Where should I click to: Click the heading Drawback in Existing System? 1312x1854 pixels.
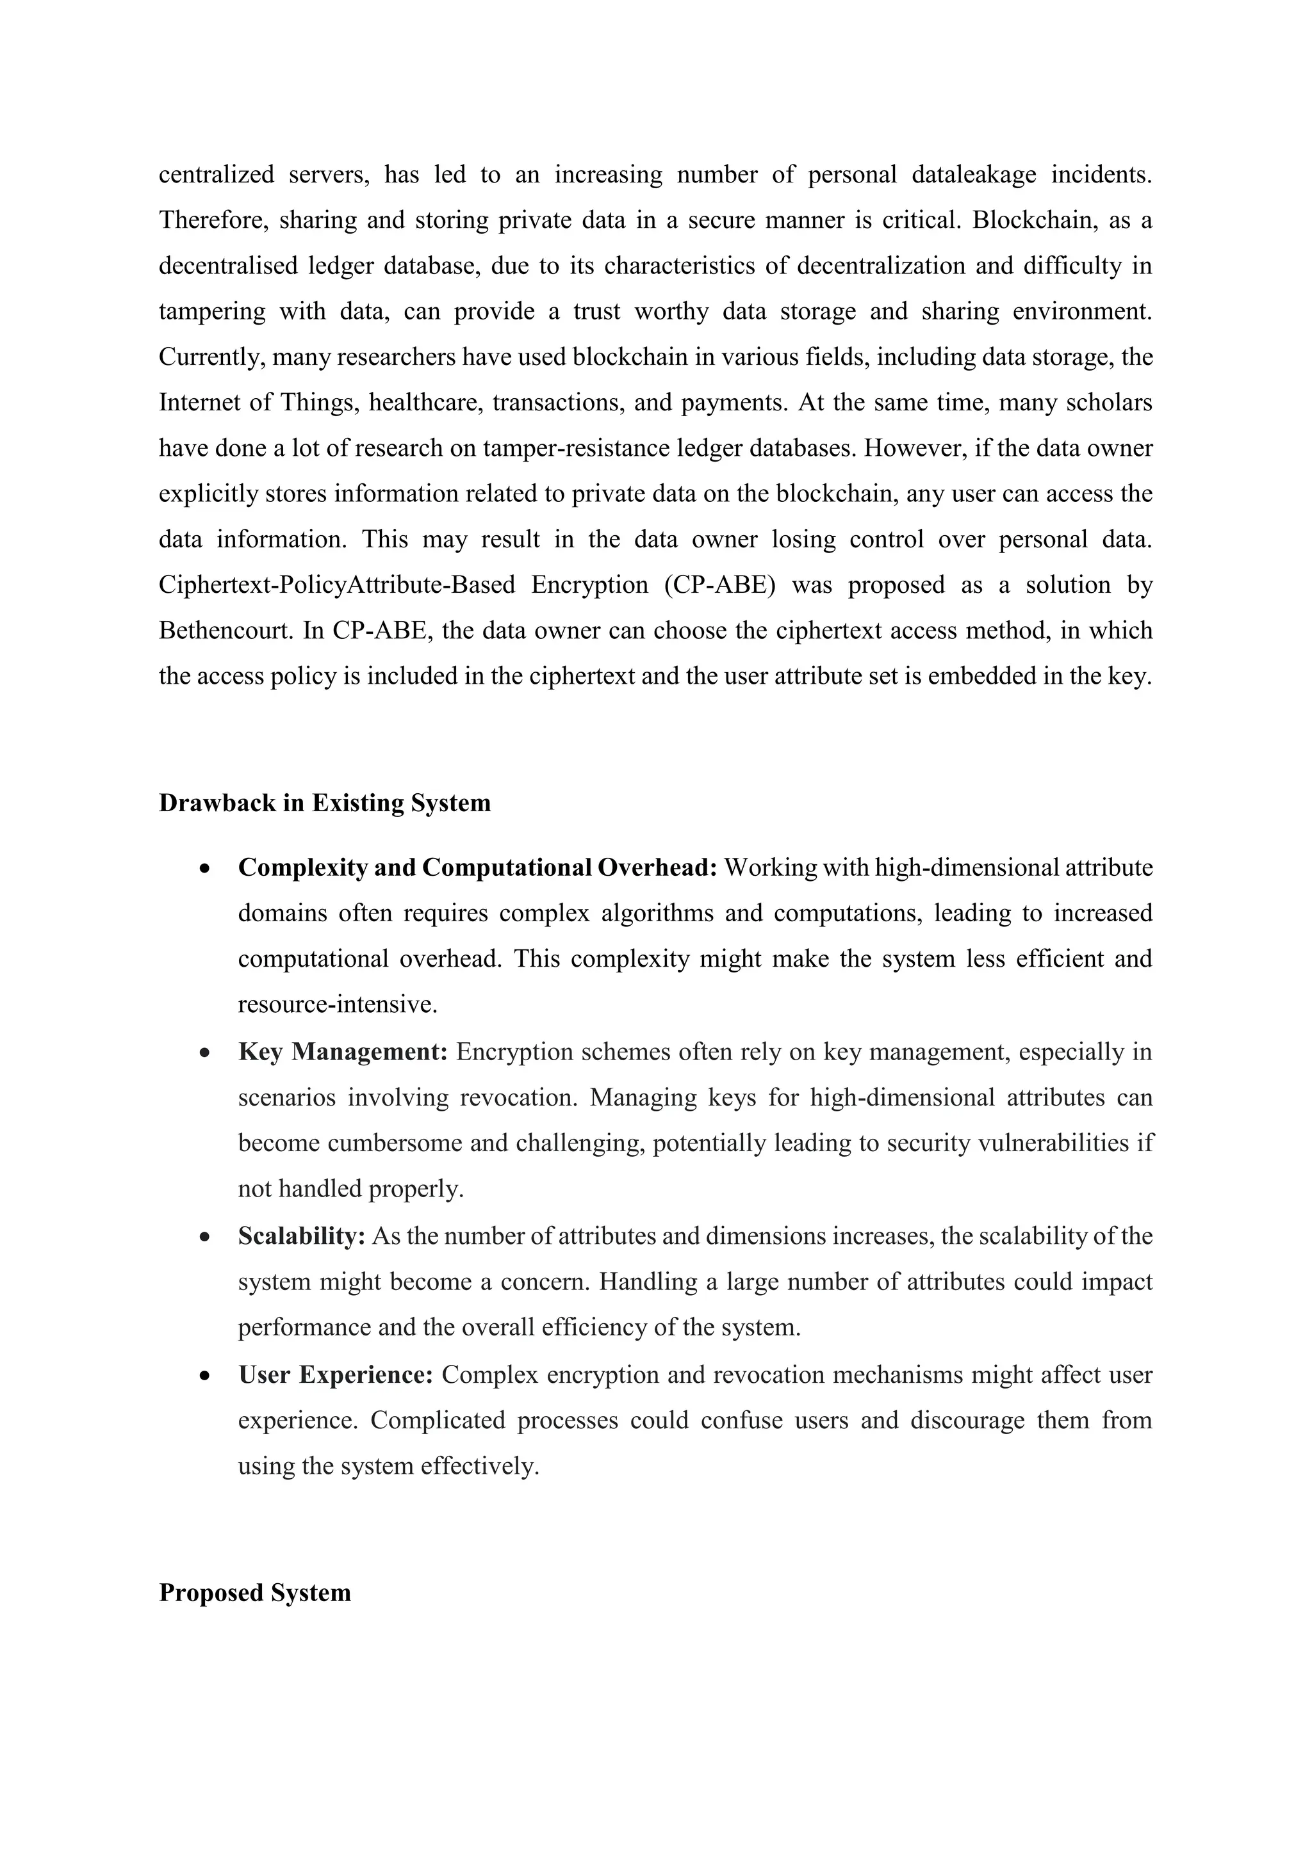pos(325,803)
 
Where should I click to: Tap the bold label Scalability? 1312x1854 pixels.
pos(302,1236)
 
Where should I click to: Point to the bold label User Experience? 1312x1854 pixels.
pos(336,1374)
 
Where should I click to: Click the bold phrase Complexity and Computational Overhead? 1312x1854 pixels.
pos(477,867)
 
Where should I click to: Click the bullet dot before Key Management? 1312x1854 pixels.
pos(206,1054)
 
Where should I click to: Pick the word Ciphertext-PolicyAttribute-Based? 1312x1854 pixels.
pos(336,584)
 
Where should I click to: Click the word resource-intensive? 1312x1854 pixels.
pos(337,1004)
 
